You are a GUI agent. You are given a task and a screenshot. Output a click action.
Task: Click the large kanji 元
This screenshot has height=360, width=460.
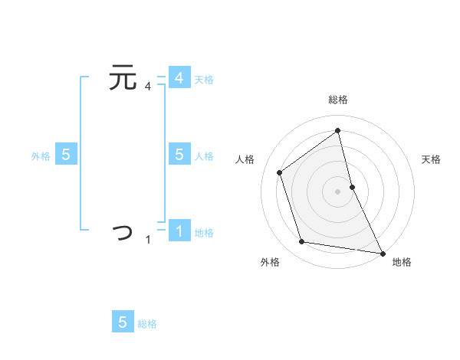point(123,78)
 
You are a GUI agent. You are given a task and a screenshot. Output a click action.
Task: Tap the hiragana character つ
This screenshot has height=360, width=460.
point(123,231)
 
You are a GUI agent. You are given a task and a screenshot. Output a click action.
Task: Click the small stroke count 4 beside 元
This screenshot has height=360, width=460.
point(148,87)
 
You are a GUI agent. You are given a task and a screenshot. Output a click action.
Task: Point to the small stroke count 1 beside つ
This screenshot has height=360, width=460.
point(148,240)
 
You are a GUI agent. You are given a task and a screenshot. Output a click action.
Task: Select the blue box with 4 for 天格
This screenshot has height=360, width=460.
point(179,78)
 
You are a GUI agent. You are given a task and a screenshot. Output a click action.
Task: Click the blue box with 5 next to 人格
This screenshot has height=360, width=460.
point(179,155)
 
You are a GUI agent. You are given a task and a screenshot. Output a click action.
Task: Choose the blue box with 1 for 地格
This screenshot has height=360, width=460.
point(179,231)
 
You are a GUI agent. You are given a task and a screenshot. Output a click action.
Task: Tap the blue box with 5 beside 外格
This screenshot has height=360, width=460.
point(66,155)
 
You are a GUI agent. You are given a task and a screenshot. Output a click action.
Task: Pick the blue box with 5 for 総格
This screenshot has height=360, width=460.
point(123,322)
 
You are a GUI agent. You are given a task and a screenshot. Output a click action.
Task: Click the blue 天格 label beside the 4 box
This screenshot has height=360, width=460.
point(204,80)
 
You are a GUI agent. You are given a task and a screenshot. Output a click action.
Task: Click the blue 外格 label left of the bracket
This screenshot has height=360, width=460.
point(41,156)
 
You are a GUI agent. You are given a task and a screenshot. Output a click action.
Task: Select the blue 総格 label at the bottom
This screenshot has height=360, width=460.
point(147,324)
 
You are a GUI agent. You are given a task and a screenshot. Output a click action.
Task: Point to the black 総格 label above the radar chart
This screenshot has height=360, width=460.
point(337,100)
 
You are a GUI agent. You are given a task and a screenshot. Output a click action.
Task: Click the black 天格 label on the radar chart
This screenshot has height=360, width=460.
point(431,159)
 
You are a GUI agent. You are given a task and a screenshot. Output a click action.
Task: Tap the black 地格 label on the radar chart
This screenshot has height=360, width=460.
point(402,262)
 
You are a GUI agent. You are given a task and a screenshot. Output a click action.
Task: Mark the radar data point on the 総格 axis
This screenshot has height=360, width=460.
point(337,130)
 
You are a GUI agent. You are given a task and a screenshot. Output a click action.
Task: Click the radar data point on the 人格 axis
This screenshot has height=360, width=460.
point(280,172)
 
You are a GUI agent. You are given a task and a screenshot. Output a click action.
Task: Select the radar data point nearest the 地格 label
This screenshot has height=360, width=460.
point(382,253)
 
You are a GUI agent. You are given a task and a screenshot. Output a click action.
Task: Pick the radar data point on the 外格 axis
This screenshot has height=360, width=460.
point(302,242)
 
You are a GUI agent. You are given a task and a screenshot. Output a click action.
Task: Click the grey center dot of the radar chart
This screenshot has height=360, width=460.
point(337,191)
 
